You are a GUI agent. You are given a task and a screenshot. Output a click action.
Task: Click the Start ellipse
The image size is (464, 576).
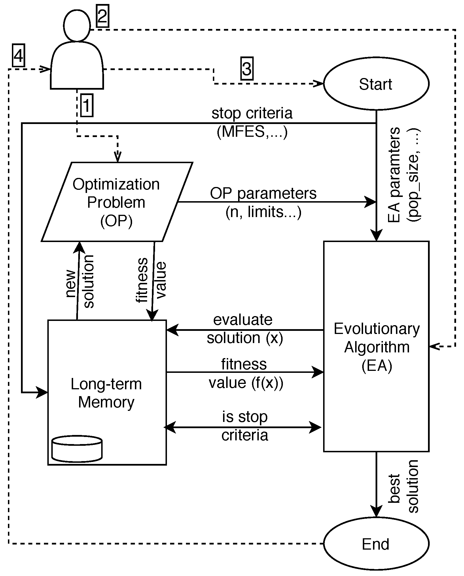point(376,84)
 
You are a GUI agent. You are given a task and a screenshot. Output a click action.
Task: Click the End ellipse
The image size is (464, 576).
point(376,544)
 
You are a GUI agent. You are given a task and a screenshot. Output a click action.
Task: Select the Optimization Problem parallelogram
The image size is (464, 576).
point(116,202)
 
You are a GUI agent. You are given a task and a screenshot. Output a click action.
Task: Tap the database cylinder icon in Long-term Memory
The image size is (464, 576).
point(77,449)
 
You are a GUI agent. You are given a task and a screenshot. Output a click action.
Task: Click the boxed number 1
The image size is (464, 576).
point(87,106)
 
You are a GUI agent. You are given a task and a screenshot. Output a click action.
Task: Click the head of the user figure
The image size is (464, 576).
point(77,26)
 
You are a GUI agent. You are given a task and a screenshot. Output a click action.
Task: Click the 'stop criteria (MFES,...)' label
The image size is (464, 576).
point(252,123)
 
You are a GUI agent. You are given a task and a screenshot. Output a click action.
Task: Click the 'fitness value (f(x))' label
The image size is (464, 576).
point(245,373)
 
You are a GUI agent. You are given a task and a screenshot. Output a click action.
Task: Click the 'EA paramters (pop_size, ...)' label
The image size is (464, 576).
point(404,175)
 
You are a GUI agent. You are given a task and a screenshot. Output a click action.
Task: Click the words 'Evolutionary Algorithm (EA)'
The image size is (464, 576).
point(376,347)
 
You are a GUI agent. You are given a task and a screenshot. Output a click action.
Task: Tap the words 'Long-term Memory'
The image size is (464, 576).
point(106,393)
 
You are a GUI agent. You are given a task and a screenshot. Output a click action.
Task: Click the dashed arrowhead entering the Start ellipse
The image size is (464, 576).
point(319,83)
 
